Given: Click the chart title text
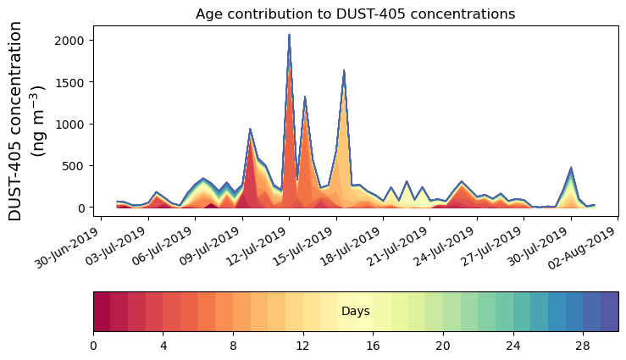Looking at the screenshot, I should [355, 14].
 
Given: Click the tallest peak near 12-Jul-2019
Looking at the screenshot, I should [289, 36].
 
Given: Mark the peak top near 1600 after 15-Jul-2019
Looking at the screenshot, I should [344, 71].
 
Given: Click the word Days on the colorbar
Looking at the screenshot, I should [355, 312].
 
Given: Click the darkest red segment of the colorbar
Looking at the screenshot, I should [102, 312].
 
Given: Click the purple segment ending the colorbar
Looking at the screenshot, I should [609, 312].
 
